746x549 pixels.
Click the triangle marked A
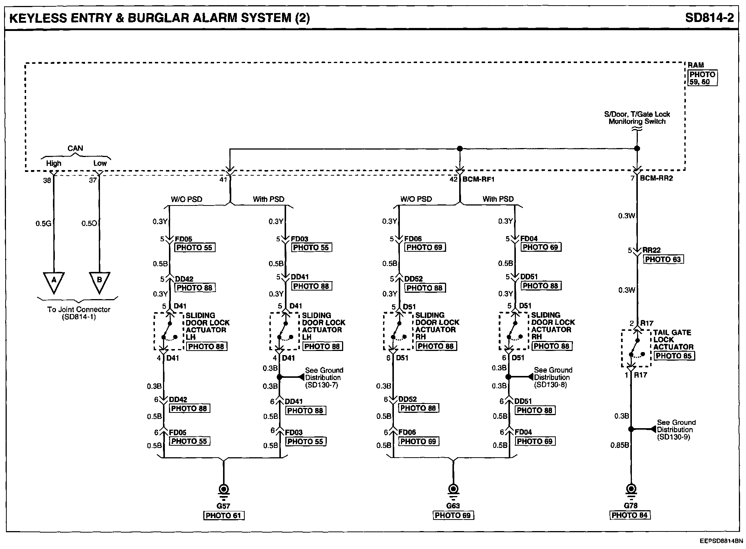click(x=54, y=281)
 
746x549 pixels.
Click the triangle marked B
click(x=99, y=281)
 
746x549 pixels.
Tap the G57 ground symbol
click(x=223, y=489)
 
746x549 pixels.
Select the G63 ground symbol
click(x=453, y=489)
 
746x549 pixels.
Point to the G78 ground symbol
click(x=631, y=489)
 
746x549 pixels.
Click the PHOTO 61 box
click(x=223, y=516)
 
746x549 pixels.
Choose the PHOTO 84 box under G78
click(x=630, y=515)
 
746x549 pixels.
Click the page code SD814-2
click(x=709, y=18)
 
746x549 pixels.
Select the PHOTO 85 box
click(x=674, y=356)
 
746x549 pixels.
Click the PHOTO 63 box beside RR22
click(x=663, y=260)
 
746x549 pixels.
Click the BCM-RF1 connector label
click(x=478, y=179)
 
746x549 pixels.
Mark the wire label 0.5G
click(x=43, y=224)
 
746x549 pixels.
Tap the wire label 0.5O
click(x=89, y=224)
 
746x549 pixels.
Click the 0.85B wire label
click(x=620, y=445)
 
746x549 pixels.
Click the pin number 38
click(x=47, y=181)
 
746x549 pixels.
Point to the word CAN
click(x=75, y=148)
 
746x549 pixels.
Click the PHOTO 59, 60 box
click(x=702, y=78)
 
